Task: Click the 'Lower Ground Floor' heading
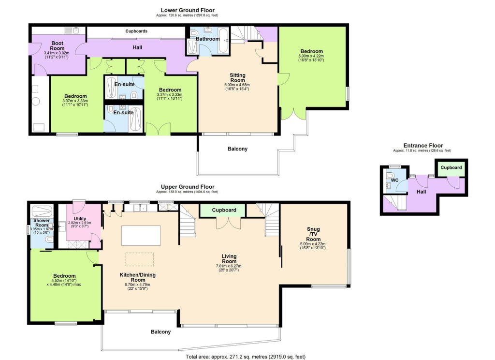187,10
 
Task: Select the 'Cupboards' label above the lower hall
136,31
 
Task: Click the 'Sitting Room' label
237,77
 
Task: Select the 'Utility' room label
80,219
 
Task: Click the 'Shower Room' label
41,223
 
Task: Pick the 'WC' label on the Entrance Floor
394,180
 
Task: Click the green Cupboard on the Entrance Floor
451,168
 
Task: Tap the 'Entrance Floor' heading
423,145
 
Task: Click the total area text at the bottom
246,357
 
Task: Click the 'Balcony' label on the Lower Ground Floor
237,149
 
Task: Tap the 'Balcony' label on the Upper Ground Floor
160,332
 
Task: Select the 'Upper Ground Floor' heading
187,186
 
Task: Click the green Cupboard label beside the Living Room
224,210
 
